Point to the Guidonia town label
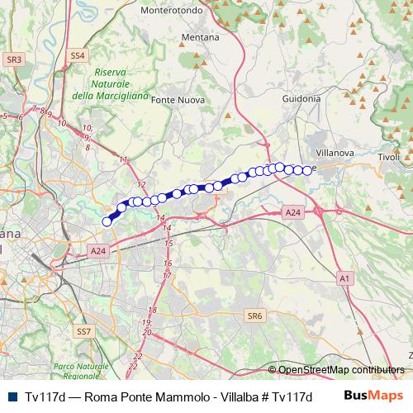click(301, 98)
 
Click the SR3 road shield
click(13, 59)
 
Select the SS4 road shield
click(78, 55)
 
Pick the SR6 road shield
click(254, 316)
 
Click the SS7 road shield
click(83, 331)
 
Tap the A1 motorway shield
click(344, 280)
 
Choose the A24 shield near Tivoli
click(292, 212)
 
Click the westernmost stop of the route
click(107, 221)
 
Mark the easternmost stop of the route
click(308, 170)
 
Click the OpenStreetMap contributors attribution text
click(341, 370)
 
